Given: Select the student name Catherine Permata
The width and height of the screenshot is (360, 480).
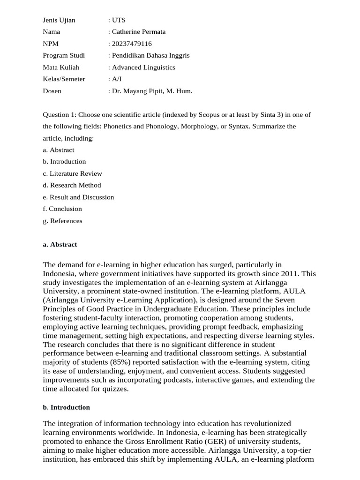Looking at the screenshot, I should pos(138,32).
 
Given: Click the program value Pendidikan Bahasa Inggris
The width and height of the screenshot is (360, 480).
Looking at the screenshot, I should pos(150,55).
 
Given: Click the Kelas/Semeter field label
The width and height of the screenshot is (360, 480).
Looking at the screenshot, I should pos(64,79).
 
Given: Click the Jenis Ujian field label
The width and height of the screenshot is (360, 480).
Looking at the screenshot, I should pos(59,20).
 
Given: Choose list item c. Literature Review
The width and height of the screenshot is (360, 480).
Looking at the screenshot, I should pos(72,173).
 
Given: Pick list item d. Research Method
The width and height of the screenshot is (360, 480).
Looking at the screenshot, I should pos(72,185).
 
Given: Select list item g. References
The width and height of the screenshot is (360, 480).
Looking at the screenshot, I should pos(62,221).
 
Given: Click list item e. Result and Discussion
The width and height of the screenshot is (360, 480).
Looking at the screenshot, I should pos(78,197).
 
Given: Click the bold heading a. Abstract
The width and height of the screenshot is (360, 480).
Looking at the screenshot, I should pos(60,245).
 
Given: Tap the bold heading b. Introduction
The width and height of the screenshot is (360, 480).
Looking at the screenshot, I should pos(66,407).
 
